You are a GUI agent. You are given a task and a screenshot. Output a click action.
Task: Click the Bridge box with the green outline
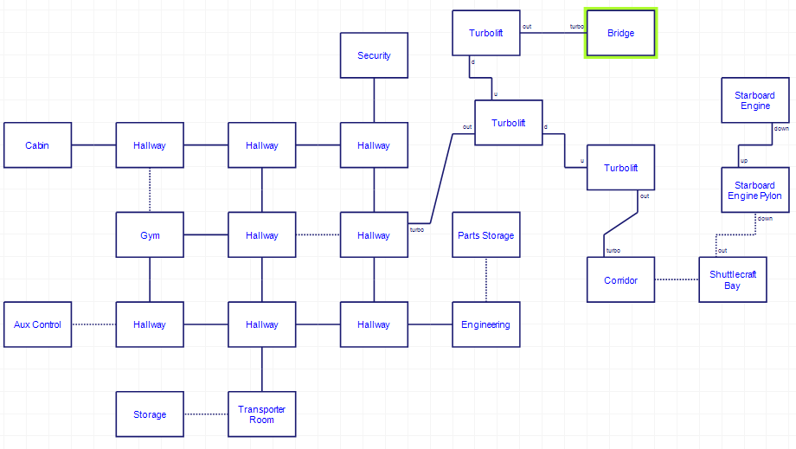pos(620,34)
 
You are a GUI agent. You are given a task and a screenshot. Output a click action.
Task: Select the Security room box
pos(374,55)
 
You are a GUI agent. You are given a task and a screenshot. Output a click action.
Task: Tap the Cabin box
pos(37,145)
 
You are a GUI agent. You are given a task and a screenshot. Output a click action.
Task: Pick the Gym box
pos(150,235)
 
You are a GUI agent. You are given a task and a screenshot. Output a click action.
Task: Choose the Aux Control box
pos(37,324)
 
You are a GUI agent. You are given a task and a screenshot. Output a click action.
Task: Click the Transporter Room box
pos(261,414)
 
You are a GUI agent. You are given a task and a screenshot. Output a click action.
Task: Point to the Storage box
pos(150,414)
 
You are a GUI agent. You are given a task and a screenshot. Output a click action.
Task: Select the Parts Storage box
pos(485,235)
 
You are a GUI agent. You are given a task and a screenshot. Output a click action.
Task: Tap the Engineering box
pos(485,324)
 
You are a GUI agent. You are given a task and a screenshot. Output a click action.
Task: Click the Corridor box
pos(620,280)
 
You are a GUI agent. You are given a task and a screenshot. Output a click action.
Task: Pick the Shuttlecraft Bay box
pos(732,280)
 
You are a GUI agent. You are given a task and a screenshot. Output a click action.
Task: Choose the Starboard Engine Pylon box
pos(754,190)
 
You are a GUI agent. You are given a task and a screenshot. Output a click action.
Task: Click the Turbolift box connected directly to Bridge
pos(485,34)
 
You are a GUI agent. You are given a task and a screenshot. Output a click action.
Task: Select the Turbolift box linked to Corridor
pos(620,168)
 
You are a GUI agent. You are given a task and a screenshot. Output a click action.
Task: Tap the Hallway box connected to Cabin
pos(150,145)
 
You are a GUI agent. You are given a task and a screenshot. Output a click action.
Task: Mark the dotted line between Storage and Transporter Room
pos(205,414)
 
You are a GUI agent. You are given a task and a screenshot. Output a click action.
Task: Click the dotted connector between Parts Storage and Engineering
pos(485,279)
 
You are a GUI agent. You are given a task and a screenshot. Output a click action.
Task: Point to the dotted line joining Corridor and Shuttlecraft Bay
pos(677,279)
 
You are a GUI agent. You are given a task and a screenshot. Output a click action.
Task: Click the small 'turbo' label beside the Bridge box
pos(576,27)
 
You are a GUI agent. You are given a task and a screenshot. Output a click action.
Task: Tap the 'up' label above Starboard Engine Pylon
pos(743,161)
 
